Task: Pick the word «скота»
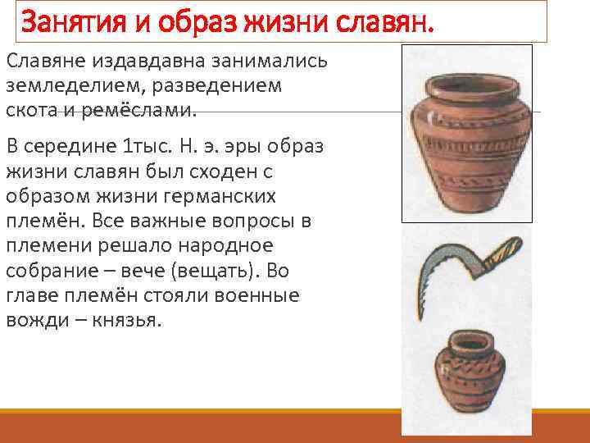click(x=29, y=109)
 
